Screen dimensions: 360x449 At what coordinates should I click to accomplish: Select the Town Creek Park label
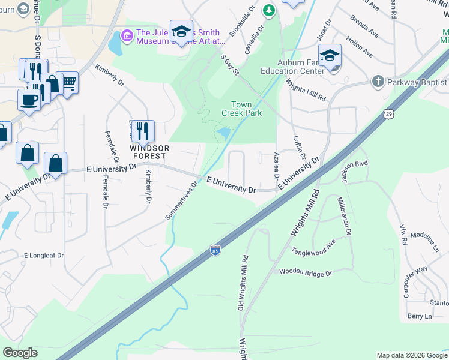click(x=241, y=109)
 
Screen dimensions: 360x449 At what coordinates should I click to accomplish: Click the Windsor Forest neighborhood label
click(x=149, y=152)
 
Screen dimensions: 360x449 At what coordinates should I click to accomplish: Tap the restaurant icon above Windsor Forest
click(x=143, y=130)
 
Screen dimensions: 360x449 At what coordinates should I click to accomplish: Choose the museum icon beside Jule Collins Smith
click(x=127, y=35)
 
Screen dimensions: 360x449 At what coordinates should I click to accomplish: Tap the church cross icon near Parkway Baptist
click(x=378, y=81)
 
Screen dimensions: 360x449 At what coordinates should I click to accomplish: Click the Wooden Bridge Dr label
click(x=305, y=272)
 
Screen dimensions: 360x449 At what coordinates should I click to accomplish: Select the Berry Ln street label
click(x=419, y=316)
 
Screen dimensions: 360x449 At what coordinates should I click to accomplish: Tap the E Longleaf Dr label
click(x=44, y=255)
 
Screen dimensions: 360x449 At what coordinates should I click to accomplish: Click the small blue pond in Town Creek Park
click(x=223, y=131)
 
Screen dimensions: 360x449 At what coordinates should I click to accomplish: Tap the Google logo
click(x=20, y=353)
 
